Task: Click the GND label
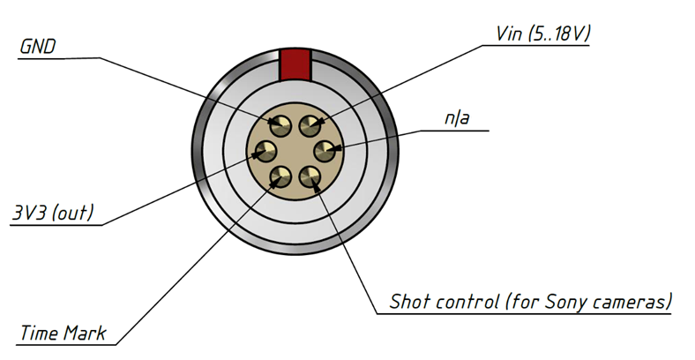click(38, 47)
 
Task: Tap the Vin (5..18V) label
click(543, 34)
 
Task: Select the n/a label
click(458, 118)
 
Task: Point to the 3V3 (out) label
click(53, 213)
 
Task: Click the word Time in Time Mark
click(40, 333)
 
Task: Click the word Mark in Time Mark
click(85, 333)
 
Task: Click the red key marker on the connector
click(295, 65)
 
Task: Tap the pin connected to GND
click(280, 125)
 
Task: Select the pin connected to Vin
click(310, 125)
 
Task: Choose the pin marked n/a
click(325, 151)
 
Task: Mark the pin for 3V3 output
click(265, 151)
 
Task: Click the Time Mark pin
click(280, 176)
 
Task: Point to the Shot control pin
click(310, 176)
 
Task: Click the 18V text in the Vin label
click(568, 34)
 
